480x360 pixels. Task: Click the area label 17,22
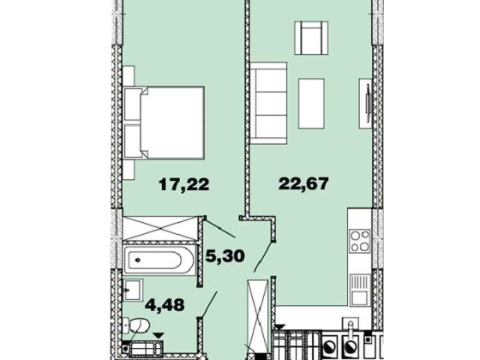(184, 184)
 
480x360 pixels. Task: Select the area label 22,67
(303, 183)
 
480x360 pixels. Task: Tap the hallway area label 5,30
(225, 255)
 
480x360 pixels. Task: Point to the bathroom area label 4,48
(165, 304)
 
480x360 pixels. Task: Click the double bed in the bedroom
(165, 123)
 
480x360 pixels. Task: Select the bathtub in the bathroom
(159, 260)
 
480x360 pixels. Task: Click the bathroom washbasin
(133, 290)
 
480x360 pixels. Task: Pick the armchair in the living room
(311, 38)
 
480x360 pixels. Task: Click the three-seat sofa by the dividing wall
(268, 103)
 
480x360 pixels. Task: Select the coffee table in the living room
(311, 104)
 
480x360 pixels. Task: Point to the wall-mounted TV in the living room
(368, 104)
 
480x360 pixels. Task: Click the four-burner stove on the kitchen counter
(360, 241)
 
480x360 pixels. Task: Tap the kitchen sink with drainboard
(360, 290)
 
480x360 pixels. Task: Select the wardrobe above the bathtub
(159, 228)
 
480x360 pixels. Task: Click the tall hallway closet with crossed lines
(258, 316)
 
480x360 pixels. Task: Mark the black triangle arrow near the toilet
(159, 335)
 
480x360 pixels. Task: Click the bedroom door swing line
(219, 228)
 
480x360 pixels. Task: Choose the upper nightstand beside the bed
(129, 75)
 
